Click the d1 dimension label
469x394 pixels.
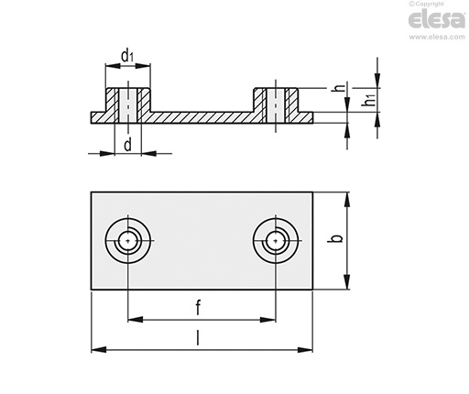(127, 56)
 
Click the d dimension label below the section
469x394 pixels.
(128, 144)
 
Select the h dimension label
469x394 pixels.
(340, 88)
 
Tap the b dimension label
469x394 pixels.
(336, 238)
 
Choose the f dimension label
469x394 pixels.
(198, 307)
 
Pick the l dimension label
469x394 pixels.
(198, 337)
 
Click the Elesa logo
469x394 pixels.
(437, 19)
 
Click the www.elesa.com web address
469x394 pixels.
(437, 37)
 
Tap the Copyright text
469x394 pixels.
(426, 4)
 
